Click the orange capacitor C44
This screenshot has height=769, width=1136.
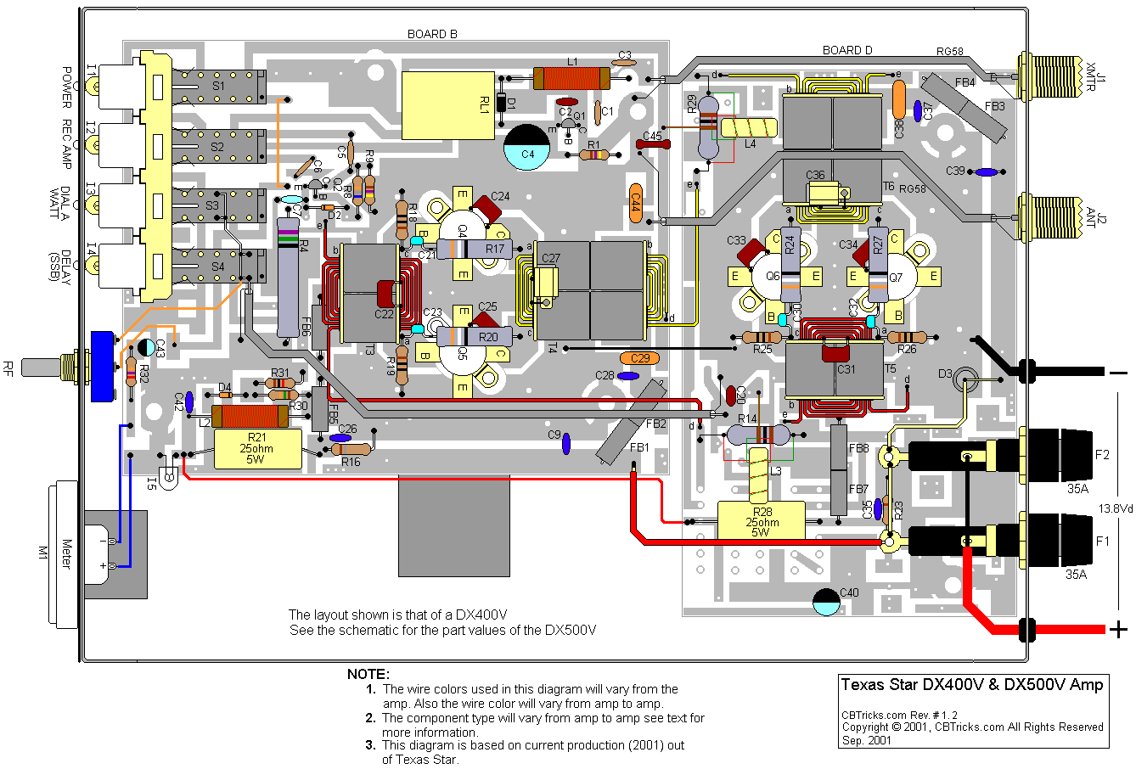[635, 203]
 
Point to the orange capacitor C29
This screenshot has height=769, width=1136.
[640, 358]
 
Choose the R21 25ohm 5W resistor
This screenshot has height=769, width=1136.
[256, 448]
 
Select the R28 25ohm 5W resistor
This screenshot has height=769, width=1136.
[760, 520]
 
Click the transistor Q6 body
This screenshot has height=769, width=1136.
[773, 276]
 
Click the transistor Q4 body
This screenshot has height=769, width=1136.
[463, 230]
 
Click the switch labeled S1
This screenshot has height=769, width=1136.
[219, 86]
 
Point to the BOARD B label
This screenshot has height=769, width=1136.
[432, 34]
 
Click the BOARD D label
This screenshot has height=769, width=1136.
[846, 50]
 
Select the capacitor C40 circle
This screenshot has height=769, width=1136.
[826, 601]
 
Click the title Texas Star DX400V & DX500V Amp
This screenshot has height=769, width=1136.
[972, 685]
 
